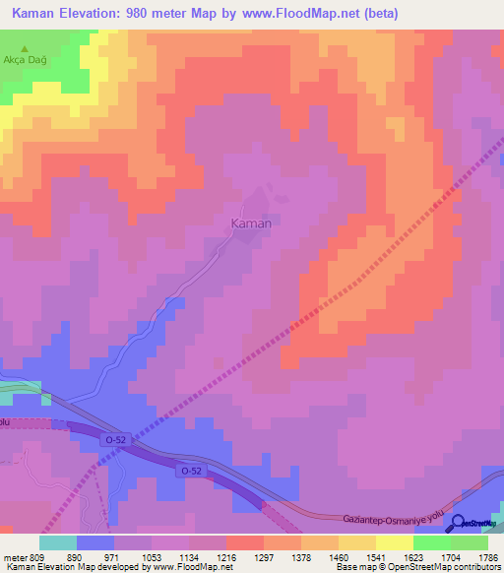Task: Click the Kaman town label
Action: tap(250, 223)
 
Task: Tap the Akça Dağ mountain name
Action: tap(26, 59)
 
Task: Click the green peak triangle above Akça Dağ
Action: tap(25, 46)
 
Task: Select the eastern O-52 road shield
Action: tap(190, 472)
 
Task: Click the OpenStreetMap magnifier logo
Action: tap(457, 523)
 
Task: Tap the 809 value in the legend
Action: tap(38, 556)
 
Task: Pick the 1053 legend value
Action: tap(153, 556)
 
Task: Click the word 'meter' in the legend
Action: tap(17, 556)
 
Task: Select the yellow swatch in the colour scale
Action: tap(394, 542)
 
